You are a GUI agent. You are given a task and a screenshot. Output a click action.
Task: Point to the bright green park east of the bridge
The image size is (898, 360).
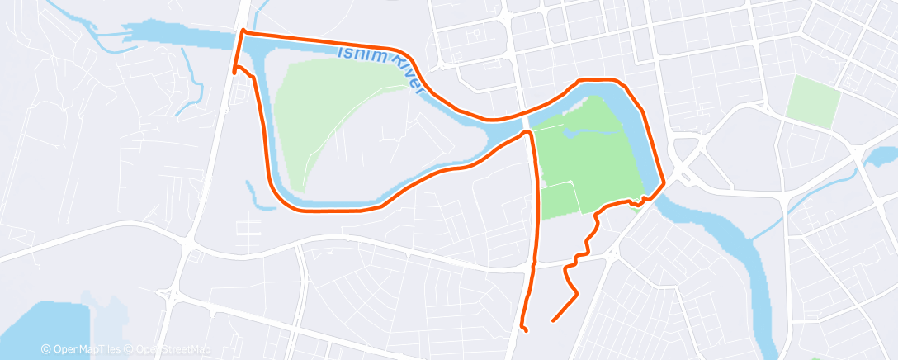point(586,157)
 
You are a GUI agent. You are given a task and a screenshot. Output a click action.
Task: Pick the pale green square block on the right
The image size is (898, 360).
point(812,98)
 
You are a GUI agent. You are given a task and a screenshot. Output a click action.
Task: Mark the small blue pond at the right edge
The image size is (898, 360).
point(881,156)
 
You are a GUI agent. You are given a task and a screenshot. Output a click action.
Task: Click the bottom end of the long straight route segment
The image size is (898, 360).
point(526,331)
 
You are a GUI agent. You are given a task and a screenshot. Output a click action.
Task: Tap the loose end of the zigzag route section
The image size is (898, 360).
point(551,319)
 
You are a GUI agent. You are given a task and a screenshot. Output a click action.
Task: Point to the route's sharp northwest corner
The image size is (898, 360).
point(243,31)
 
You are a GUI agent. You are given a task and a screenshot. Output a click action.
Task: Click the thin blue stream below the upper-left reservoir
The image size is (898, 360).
point(196,87)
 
